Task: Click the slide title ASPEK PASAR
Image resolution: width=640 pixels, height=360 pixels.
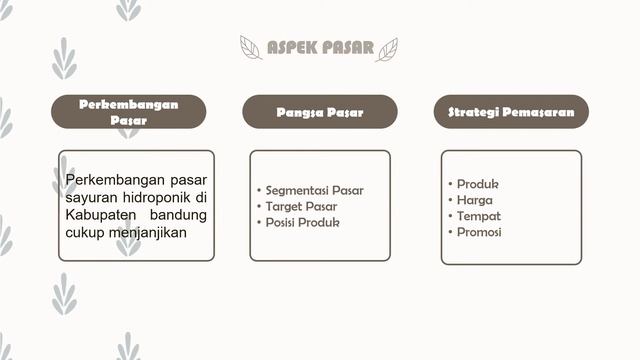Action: click(x=320, y=48)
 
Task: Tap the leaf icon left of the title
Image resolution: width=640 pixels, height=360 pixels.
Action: click(x=251, y=48)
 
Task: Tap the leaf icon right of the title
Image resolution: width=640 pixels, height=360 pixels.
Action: click(x=387, y=49)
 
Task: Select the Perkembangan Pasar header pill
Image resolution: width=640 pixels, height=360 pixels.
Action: click(x=128, y=112)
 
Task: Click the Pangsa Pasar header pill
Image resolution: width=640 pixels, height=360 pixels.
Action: click(x=320, y=112)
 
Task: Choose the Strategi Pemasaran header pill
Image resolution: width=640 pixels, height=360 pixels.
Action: click(x=511, y=112)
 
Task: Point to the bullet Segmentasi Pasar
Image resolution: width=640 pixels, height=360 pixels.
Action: click(x=314, y=190)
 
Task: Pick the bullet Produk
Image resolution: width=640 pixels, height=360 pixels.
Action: click(x=477, y=184)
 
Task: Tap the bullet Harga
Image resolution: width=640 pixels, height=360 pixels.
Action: click(x=474, y=200)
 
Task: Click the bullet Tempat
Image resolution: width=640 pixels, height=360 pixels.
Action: click(x=478, y=216)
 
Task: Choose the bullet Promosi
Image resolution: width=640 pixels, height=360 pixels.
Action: click(x=479, y=232)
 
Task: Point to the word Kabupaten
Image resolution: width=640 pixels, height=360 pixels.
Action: click(x=102, y=215)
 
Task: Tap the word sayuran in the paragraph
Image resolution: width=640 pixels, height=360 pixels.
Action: click(x=91, y=197)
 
